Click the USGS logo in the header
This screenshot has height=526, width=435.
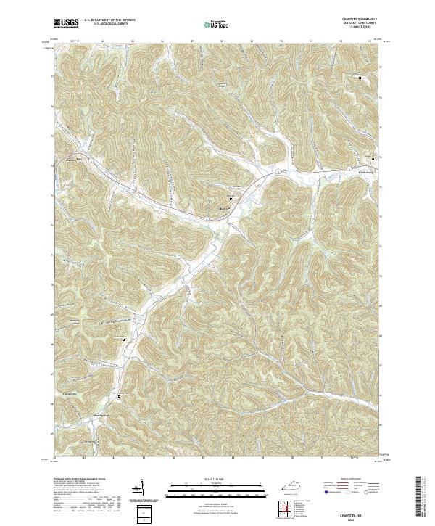coord(67,23)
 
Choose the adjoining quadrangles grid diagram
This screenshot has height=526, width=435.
coord(289,509)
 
